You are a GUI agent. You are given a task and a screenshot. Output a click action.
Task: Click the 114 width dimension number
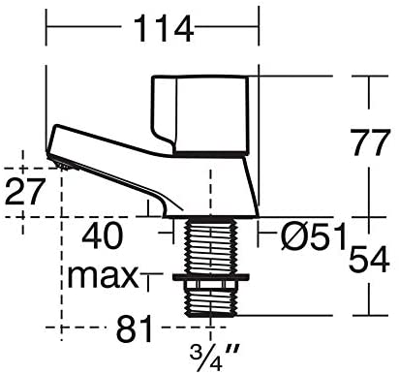pyautogui.click(x=163, y=28)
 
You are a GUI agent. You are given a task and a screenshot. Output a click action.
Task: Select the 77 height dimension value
pyautogui.click(x=370, y=142)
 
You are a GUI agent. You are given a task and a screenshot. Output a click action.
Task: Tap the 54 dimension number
pyautogui.click(x=369, y=260)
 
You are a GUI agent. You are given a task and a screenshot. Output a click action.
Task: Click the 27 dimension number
pyautogui.click(x=24, y=192)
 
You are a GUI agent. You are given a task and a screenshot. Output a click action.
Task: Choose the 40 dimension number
pyautogui.click(x=103, y=235)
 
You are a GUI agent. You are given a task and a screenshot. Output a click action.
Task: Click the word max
pyautogui.click(x=103, y=277)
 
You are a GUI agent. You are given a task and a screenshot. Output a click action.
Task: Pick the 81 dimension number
pyautogui.click(x=134, y=329)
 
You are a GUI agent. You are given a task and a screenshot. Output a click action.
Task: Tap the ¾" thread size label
pyautogui.click(x=215, y=358)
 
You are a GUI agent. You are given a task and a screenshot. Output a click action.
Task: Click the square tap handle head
pyautogui.click(x=200, y=113)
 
